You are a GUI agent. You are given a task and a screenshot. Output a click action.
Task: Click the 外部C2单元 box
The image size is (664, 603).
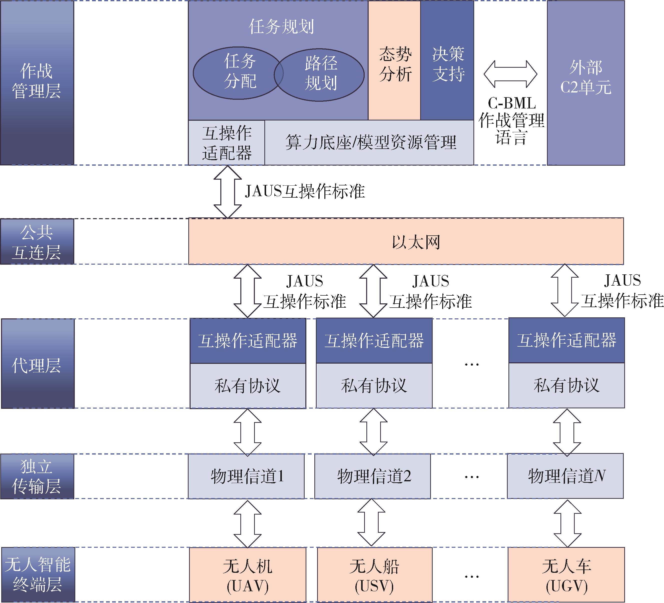tap(586, 82)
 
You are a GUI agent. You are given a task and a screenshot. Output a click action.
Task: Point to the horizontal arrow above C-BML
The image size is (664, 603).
tap(510, 74)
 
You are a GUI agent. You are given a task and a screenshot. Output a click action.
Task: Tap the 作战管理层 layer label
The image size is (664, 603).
tap(37, 82)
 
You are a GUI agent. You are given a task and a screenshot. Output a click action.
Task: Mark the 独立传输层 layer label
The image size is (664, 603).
tap(37, 476)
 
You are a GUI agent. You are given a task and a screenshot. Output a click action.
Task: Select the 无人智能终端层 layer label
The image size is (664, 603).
tap(38, 574)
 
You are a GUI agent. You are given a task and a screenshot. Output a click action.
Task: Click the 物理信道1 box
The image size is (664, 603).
tap(246, 476)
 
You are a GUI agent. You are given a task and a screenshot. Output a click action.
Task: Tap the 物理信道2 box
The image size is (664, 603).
tap(372, 476)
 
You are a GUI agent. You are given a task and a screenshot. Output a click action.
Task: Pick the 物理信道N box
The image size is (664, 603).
tap(565, 476)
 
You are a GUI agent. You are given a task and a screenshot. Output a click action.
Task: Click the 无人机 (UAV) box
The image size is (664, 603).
tap(247, 574)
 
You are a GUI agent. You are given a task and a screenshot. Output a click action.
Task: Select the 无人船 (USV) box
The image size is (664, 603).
tap(374, 574)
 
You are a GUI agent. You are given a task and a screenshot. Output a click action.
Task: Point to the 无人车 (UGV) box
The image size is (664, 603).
tap(566, 574)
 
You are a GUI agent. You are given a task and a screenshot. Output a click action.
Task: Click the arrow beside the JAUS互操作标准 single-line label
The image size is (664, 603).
tap(228, 192)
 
